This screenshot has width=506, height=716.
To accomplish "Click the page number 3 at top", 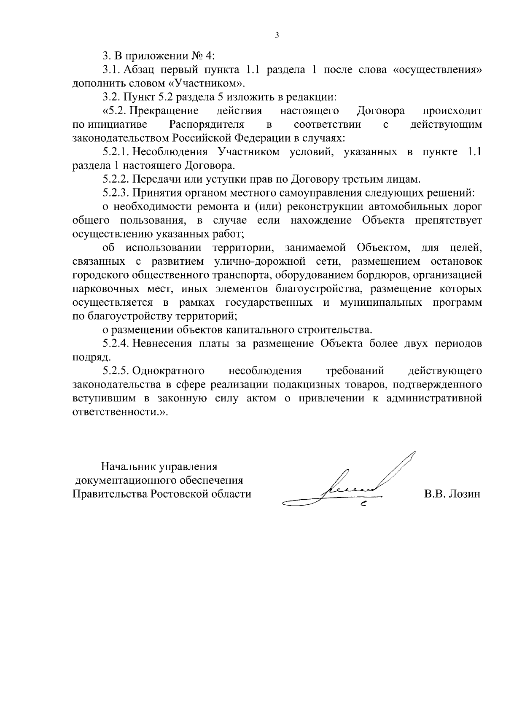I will coord(277,36).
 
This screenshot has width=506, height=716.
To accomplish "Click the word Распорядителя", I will coord(207,125).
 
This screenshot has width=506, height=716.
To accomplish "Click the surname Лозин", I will coord(466,494).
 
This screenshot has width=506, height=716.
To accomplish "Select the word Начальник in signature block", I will coord(128,467).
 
